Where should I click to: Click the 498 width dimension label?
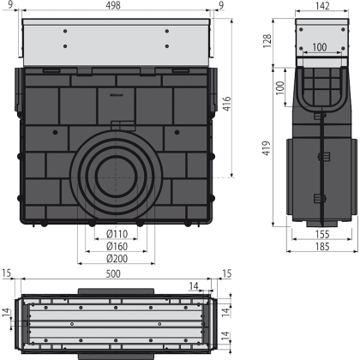113,5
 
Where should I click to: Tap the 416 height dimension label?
226,104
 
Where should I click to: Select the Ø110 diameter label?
117,234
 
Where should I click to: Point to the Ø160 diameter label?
117,246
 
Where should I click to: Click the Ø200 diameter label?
117,259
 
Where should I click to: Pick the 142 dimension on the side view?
321,6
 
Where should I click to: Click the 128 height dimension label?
267,41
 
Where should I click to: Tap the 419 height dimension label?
267,148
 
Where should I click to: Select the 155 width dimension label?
322,234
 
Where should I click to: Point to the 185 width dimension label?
322,247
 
